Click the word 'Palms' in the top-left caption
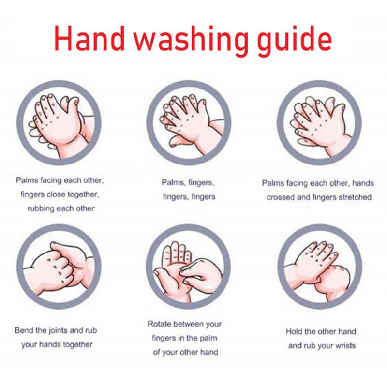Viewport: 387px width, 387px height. click(27, 180)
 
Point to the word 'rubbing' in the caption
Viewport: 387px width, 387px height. click(41, 208)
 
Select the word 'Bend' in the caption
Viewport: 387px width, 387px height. click(23, 330)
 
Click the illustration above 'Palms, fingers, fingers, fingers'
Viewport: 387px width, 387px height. click(189, 123)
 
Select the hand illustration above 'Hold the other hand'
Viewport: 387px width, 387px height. click(320, 267)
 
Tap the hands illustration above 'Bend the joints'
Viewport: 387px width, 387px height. click(59, 267)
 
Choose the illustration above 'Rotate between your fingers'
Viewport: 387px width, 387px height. click(188, 267)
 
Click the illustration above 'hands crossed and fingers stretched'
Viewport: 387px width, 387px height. click(319, 123)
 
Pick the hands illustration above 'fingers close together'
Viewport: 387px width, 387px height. click(59, 123)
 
